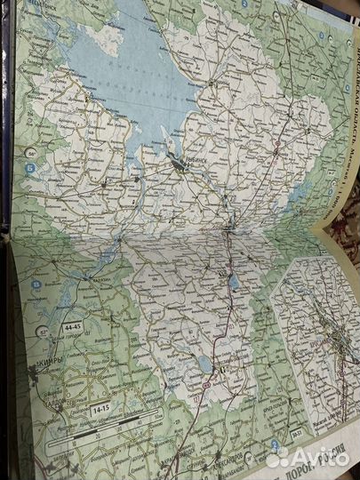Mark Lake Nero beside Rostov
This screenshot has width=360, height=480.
point(235,284)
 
